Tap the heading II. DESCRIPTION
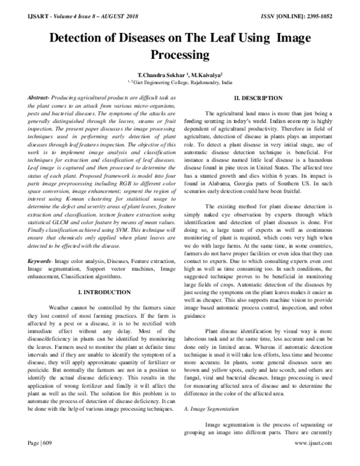tap(258, 97)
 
